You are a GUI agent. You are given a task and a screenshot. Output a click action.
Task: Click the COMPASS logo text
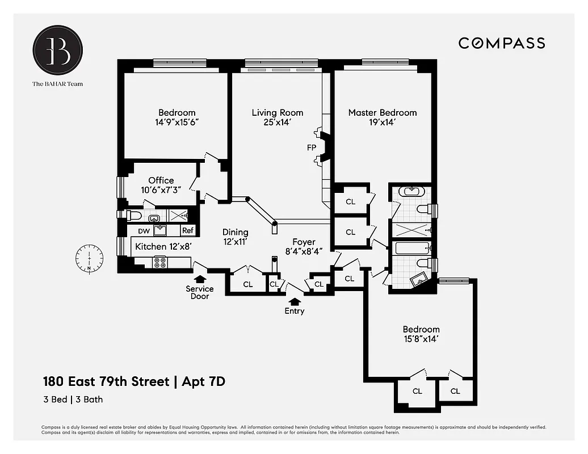click(501, 43)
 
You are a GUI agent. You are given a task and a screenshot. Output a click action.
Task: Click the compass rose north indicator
click(89, 257)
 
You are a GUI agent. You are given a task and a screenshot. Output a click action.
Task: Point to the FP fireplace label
click(312, 148)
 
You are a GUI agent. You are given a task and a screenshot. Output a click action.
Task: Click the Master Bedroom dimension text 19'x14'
click(382, 123)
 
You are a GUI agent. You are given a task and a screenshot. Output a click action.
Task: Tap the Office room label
click(161, 180)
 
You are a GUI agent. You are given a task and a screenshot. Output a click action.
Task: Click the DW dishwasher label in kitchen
click(144, 231)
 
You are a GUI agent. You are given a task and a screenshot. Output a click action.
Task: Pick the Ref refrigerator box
click(187, 231)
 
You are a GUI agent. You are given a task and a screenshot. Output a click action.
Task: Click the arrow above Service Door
click(200, 279)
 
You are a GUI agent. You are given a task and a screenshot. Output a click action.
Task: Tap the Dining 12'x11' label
click(235, 237)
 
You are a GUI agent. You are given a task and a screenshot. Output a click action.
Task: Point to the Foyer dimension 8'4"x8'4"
click(304, 252)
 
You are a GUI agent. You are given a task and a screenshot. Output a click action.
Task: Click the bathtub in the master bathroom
click(408, 249)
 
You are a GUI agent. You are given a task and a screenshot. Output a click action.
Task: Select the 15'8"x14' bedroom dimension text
click(421, 339)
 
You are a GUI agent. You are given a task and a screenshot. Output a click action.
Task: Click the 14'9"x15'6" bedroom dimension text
click(177, 123)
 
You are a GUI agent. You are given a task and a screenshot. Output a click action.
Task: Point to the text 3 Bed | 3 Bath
click(73, 400)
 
